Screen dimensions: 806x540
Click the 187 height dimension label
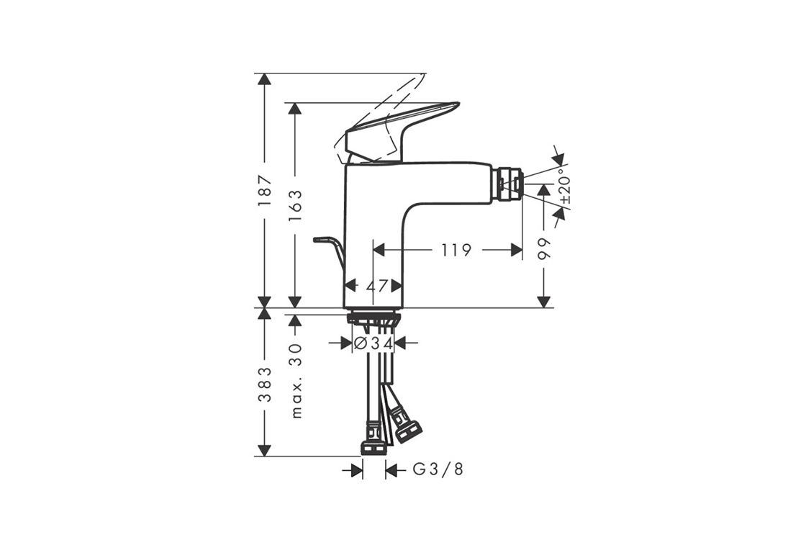pos(265,192)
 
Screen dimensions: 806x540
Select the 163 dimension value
pos(295,206)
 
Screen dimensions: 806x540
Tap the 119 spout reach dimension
pos(456,251)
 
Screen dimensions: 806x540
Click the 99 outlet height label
pos(543,249)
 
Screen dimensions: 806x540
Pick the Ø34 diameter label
pos(373,343)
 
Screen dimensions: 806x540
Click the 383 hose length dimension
pos(265,384)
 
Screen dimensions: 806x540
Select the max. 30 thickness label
pos(296,381)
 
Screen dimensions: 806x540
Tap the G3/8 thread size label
pos(438,469)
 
